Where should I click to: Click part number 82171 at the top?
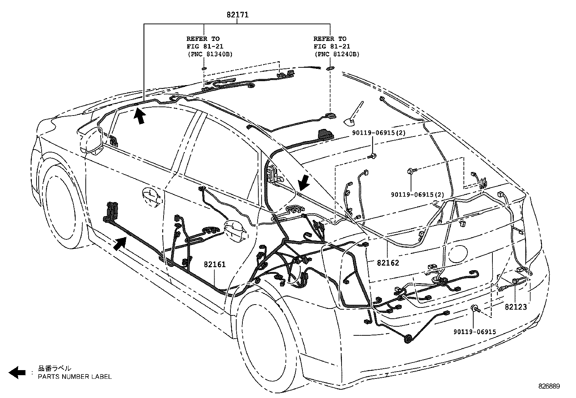click(x=237, y=15)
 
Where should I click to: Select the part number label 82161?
click(x=215, y=264)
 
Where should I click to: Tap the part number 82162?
click(x=388, y=263)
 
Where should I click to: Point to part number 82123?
click(x=516, y=307)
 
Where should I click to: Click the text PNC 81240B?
click(x=337, y=54)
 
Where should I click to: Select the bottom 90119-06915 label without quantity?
click(x=474, y=331)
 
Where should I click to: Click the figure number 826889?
click(x=549, y=386)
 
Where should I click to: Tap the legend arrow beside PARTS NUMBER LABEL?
click(x=17, y=372)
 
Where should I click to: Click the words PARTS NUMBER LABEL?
click(x=75, y=377)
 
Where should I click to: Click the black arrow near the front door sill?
click(x=120, y=243)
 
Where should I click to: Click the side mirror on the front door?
click(x=90, y=140)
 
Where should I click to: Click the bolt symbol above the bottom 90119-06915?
click(x=474, y=309)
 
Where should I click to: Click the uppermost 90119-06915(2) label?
click(x=379, y=133)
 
